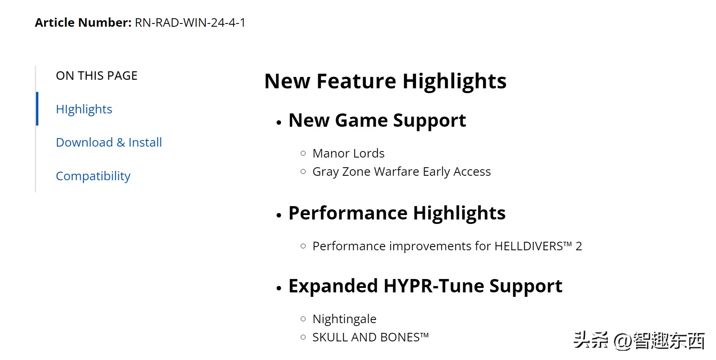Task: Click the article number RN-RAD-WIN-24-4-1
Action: pyautogui.click(x=190, y=23)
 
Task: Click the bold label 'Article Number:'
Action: pyautogui.click(x=83, y=23)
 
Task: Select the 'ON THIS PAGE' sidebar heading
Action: pyautogui.click(x=97, y=76)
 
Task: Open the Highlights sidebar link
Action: pyautogui.click(x=84, y=109)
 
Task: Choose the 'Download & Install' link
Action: pyautogui.click(x=109, y=143)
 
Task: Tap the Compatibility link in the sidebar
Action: pyautogui.click(x=93, y=176)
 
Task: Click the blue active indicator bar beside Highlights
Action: pyautogui.click(x=37, y=109)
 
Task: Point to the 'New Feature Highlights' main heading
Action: pyautogui.click(x=385, y=81)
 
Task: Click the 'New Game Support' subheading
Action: pyautogui.click(x=377, y=121)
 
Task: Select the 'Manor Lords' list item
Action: pyautogui.click(x=348, y=153)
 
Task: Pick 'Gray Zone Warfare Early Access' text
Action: pyautogui.click(x=401, y=172)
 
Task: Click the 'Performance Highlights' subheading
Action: pyautogui.click(x=397, y=213)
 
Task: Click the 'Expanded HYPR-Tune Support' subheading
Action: pyautogui.click(x=425, y=286)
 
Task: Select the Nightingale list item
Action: pyautogui.click(x=344, y=319)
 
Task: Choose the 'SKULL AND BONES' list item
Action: pyautogui.click(x=370, y=337)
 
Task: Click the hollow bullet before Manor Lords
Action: pyautogui.click(x=303, y=153)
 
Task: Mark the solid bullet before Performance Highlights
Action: pyautogui.click(x=279, y=215)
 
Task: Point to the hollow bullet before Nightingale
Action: pyautogui.click(x=303, y=319)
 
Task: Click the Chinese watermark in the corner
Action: pyautogui.click(x=639, y=340)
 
